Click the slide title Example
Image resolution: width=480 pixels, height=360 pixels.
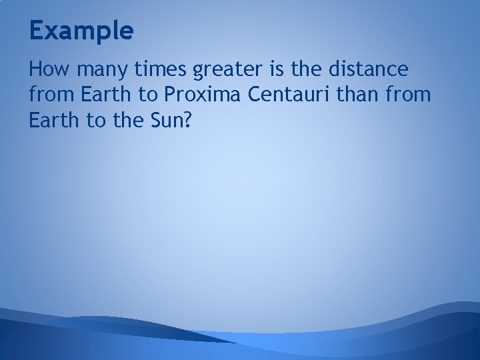[81, 30]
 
